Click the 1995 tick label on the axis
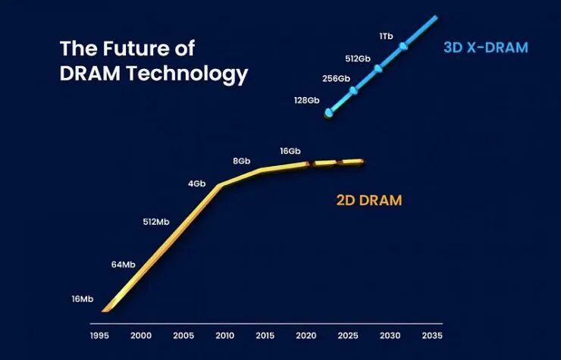tap(99, 335)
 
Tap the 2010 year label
tap(224, 335)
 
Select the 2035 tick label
tap(432, 335)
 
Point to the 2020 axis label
tap(307, 335)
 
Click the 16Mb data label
tap(82, 299)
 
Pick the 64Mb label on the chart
tap(123, 265)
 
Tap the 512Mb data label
tap(158, 222)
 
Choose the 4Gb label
tap(197, 183)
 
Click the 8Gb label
tap(242, 161)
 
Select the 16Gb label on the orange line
tap(290, 151)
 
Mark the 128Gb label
tap(307, 100)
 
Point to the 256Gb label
tap(336, 78)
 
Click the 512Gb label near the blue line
tap(357, 58)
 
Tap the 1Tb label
tap(385, 36)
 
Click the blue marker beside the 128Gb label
tap(329, 113)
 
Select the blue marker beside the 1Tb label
tap(403, 47)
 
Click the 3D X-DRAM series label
tap(486, 48)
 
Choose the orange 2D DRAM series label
tap(369, 201)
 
